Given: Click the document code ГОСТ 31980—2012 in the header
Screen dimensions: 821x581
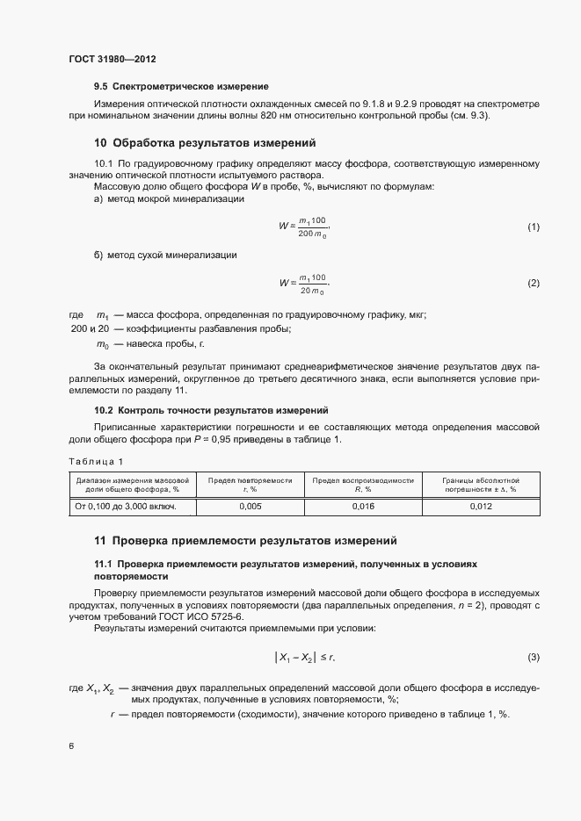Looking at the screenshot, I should point(113,60).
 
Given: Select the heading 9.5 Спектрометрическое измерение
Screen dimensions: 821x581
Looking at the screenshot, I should point(180,86).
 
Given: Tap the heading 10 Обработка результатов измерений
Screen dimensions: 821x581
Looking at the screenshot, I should point(204,142).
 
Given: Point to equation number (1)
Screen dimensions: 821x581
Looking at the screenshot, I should point(533,227).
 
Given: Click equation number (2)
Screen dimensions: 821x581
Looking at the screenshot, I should point(533,283).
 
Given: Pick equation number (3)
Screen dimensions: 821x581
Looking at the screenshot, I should point(533,658).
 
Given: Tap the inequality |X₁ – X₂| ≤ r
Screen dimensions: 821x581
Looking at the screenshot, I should point(305,658).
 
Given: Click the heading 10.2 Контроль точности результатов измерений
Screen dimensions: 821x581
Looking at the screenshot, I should point(211,410).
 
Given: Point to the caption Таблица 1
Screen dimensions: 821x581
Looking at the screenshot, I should point(97,461).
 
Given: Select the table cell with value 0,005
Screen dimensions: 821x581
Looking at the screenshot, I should point(250,507).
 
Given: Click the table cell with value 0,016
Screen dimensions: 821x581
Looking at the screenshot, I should point(363,507).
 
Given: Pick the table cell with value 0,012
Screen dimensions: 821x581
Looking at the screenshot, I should point(481,507).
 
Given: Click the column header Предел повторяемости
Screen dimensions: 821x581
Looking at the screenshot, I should point(250,485).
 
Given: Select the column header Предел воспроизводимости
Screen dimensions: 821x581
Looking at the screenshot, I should point(363,485).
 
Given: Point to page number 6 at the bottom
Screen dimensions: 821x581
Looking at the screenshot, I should point(71,745).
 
